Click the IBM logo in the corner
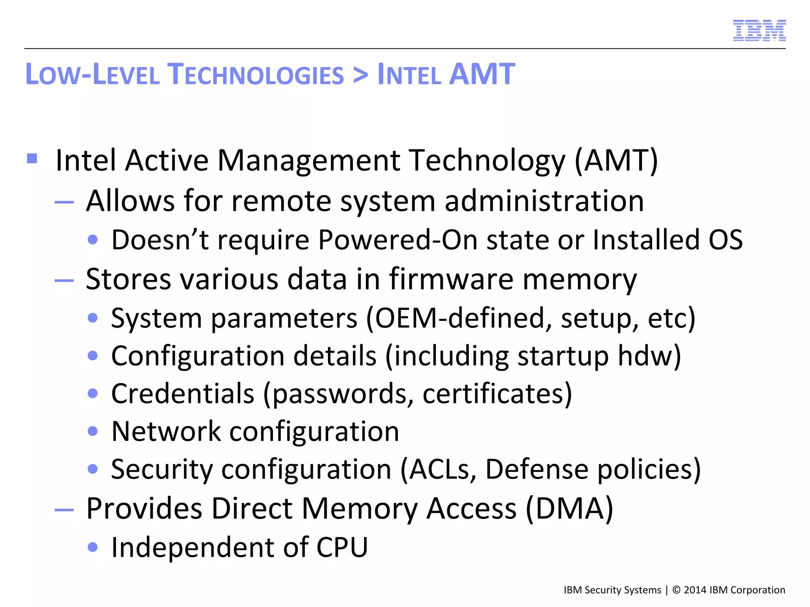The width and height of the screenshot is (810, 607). tap(759, 30)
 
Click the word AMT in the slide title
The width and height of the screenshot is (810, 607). tap(483, 74)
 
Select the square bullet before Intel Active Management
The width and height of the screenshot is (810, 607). tap(32, 159)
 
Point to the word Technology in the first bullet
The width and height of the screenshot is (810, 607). tap(487, 161)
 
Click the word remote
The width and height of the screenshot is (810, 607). tap(281, 201)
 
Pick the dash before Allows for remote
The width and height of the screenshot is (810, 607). tap(64, 203)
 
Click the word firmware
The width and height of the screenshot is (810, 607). tap(451, 279)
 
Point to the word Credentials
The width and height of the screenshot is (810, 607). tap(183, 394)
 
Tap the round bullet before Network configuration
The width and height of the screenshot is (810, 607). tap(93, 431)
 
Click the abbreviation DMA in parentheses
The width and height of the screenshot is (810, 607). tap(570, 509)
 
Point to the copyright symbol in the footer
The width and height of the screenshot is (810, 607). tap(676, 590)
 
